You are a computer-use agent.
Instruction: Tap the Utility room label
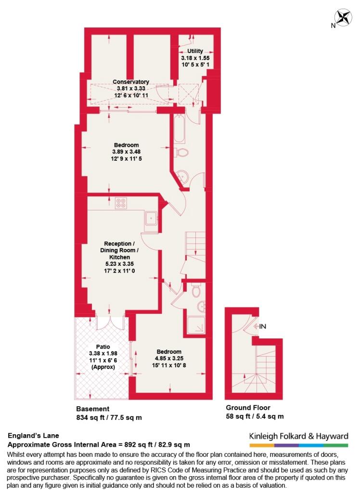point(195,51)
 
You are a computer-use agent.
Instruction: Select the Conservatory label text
point(131,82)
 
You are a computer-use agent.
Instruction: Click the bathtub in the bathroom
point(179,129)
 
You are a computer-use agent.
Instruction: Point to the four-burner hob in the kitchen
point(121,203)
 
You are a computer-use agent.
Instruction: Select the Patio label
point(103,347)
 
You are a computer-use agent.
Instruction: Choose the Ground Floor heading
point(248,407)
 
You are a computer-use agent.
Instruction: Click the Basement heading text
point(93,409)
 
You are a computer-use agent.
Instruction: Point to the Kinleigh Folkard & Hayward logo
point(299,439)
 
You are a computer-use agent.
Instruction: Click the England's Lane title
point(33,435)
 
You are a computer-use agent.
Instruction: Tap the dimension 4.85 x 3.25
point(169,358)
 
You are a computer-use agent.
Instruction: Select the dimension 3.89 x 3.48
point(127,152)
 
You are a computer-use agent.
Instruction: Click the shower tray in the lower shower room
point(196,325)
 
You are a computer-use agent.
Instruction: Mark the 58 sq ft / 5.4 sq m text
point(255,416)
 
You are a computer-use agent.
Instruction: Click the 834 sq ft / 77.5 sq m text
point(109,417)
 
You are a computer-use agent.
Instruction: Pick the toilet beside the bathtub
point(181,153)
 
